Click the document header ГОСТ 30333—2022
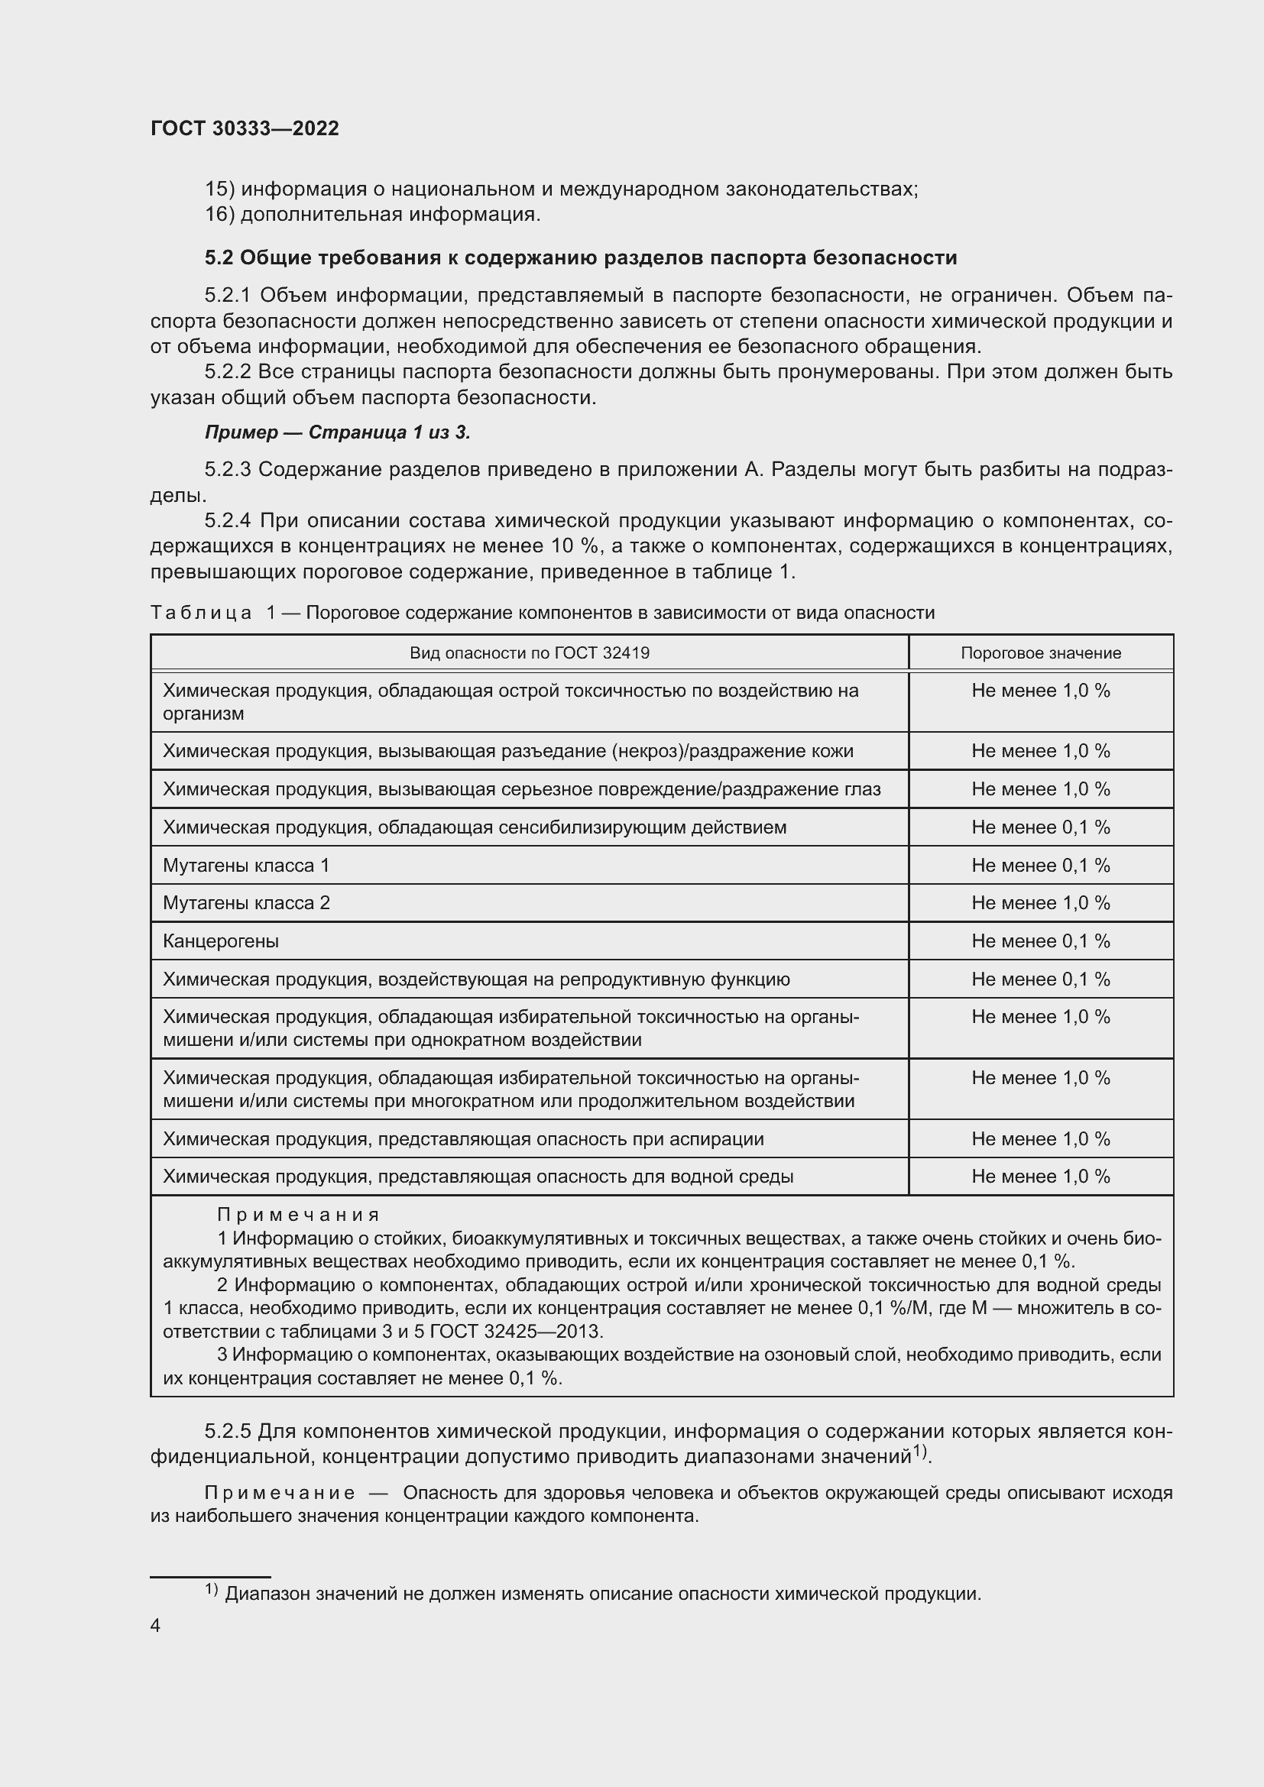pos(245,128)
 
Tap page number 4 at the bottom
pos(155,1625)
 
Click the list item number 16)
pos(219,214)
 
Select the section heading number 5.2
pos(219,257)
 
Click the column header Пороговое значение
pos(1041,653)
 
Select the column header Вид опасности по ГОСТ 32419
pos(530,653)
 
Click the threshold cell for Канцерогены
pos(1041,941)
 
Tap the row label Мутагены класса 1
pos(246,866)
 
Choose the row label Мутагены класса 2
pos(246,903)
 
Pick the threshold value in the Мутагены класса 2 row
pos(1041,903)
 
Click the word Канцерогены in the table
pos(220,941)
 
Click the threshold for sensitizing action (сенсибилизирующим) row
pos(1041,827)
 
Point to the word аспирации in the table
pos(721,1139)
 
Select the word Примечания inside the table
pos(298,1215)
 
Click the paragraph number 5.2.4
pos(228,521)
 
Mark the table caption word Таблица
pos(201,613)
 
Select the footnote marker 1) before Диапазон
pos(211,1589)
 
